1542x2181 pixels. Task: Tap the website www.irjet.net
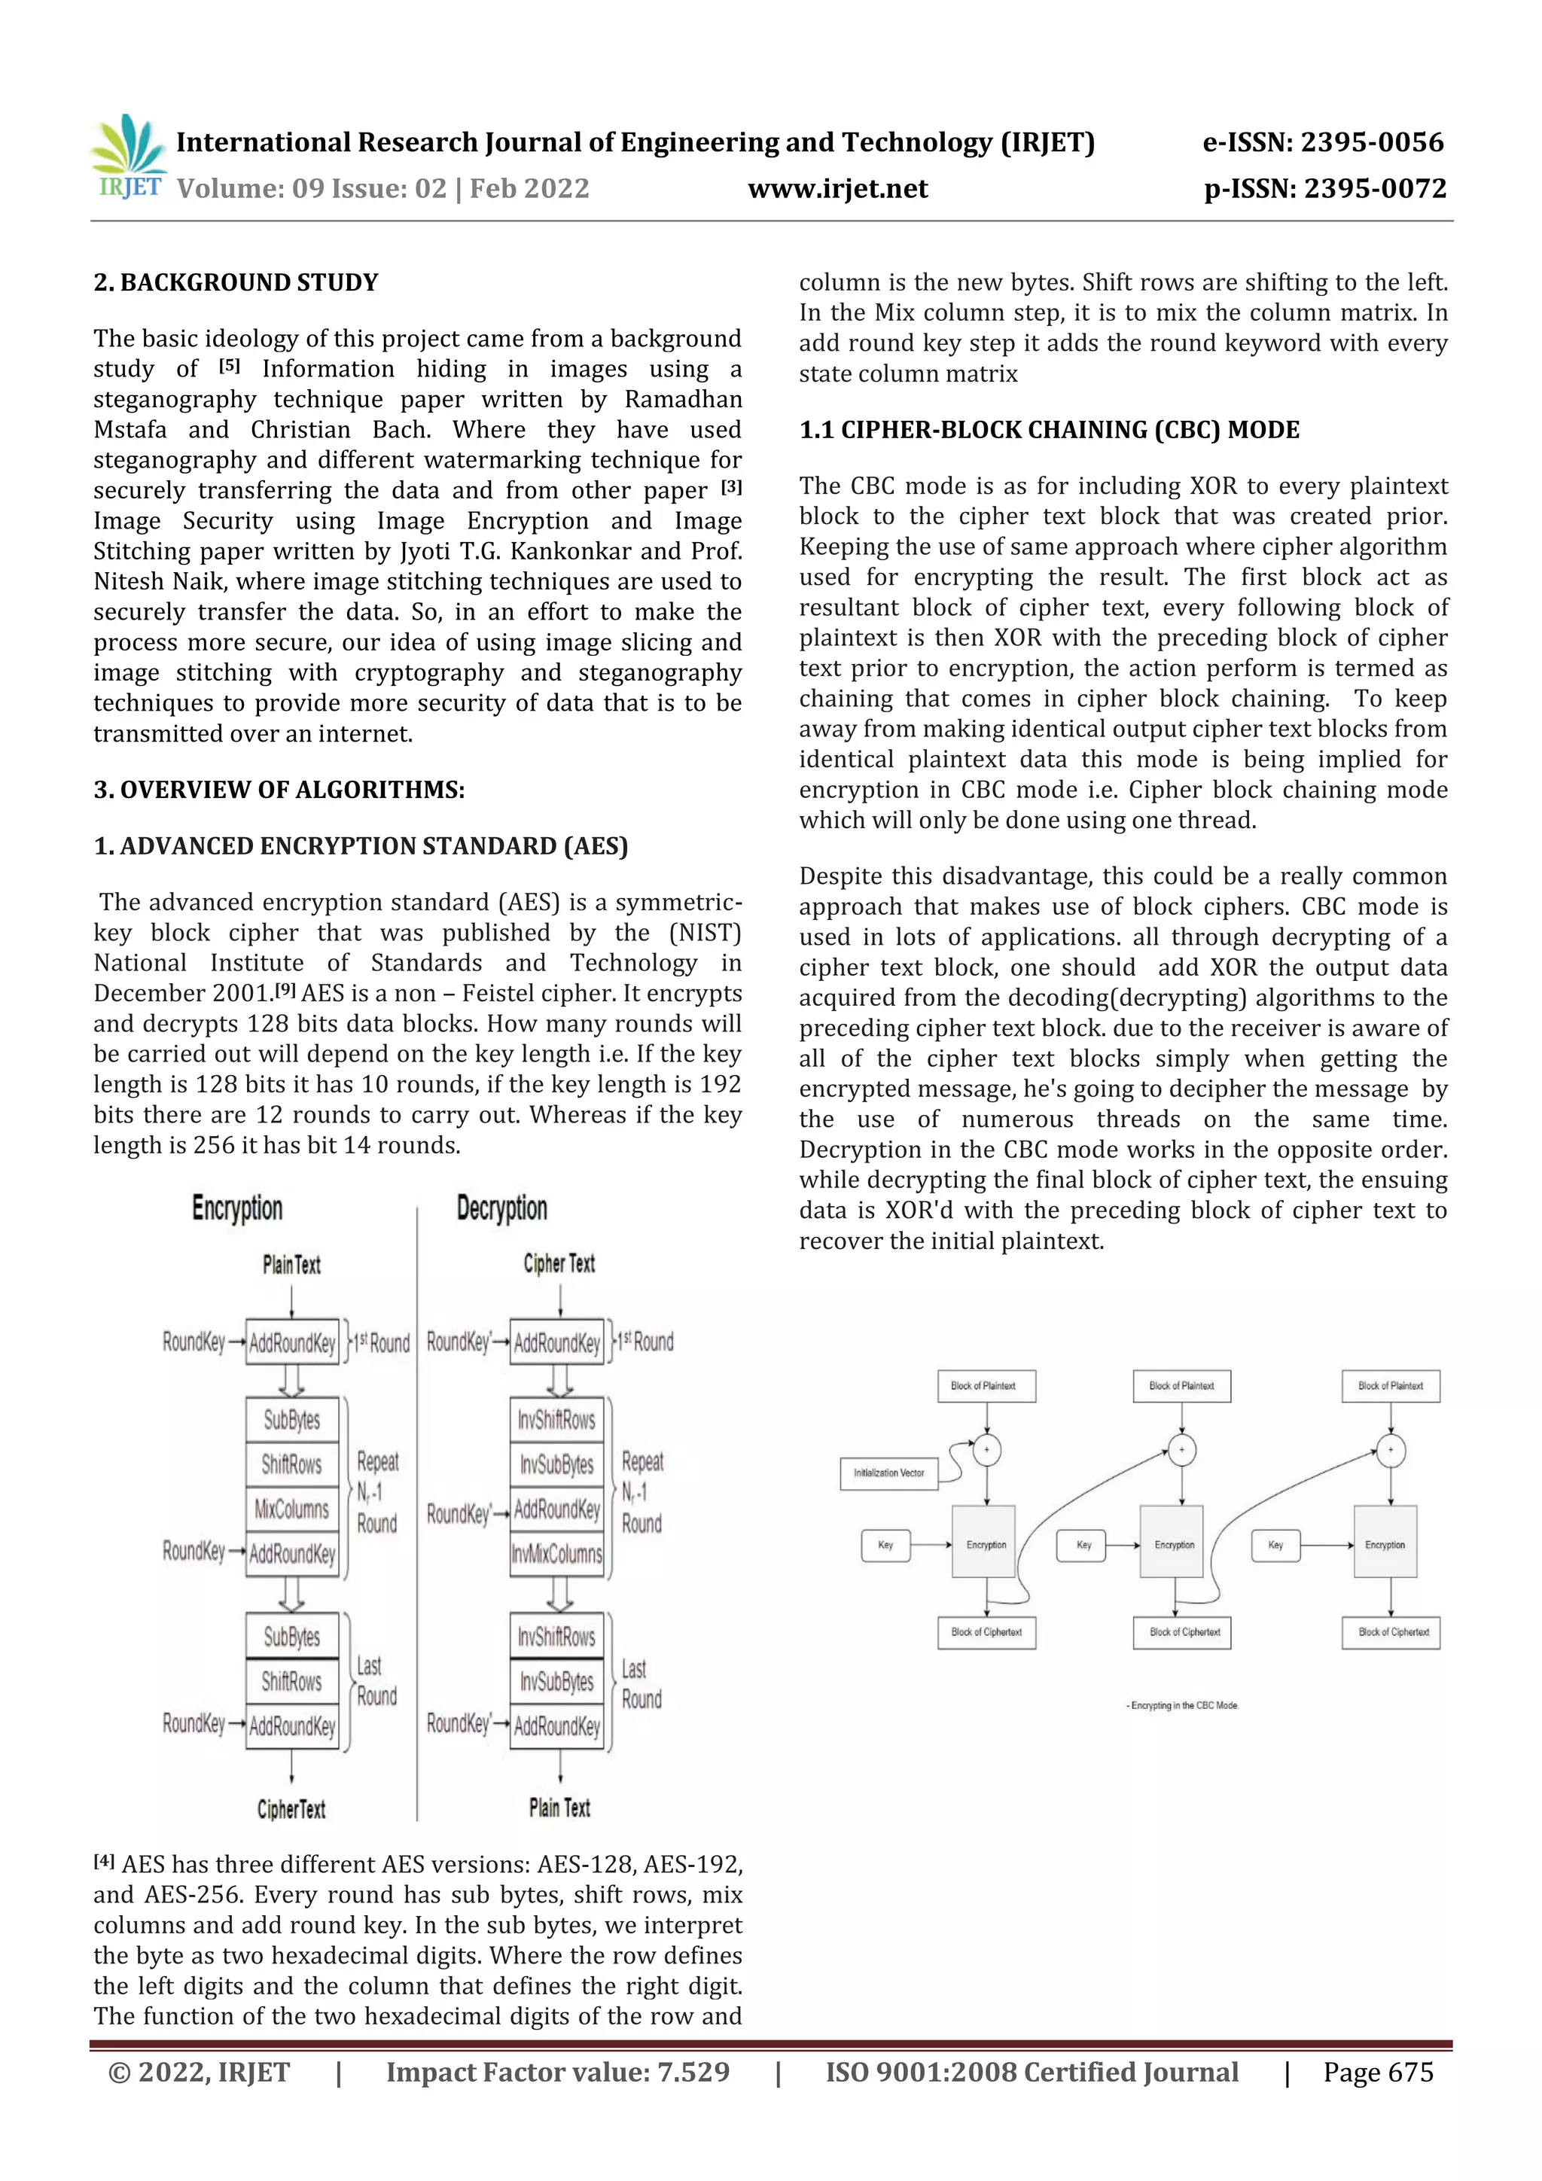point(837,189)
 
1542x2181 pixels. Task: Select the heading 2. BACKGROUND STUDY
point(236,282)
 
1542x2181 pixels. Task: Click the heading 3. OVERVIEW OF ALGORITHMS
point(279,790)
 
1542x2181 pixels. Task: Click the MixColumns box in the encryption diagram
point(291,1509)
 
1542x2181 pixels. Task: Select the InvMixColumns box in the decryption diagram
point(556,1554)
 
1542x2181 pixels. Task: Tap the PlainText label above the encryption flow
point(291,1264)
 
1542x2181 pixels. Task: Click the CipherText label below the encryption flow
point(291,1808)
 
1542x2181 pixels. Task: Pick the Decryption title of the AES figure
point(501,1208)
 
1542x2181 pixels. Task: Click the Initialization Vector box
point(888,1473)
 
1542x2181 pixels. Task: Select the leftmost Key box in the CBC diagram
point(885,1545)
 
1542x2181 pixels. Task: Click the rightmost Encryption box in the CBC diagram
point(1385,1545)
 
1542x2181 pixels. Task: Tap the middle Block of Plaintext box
point(1181,1386)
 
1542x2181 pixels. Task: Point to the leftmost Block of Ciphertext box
point(986,1632)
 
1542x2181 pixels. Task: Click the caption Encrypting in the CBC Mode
point(1183,1705)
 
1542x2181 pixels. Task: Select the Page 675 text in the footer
point(1378,2072)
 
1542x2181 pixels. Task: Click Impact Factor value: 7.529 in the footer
point(558,2072)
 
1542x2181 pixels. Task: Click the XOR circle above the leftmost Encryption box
point(987,1449)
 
